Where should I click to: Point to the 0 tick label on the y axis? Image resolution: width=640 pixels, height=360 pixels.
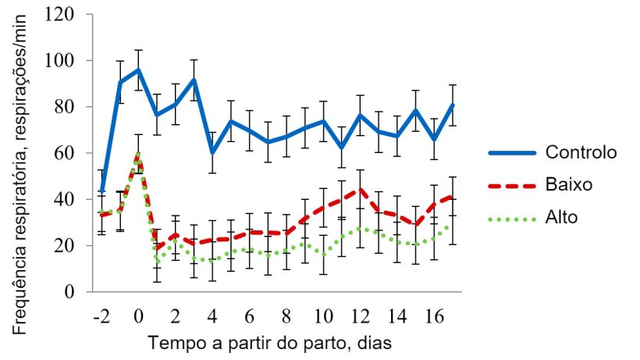tap(73, 292)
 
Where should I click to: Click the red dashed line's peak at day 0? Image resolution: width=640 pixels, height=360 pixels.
tap(138, 155)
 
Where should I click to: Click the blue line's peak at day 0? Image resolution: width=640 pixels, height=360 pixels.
tap(138, 70)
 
